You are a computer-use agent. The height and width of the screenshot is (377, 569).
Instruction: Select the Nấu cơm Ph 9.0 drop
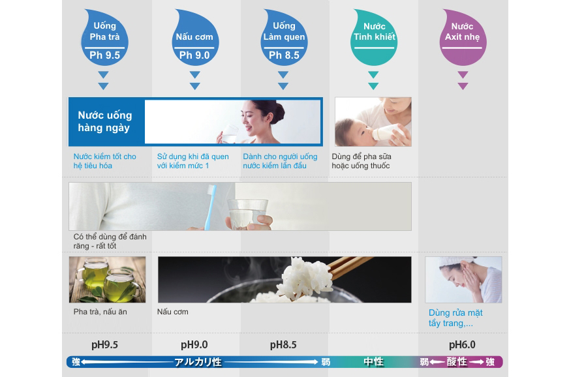tap(194, 40)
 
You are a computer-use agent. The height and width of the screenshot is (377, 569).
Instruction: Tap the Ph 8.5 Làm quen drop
tap(284, 40)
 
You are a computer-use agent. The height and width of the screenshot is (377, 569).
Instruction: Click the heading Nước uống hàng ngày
tap(105, 121)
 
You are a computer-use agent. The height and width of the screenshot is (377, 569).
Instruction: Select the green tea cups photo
tap(108, 279)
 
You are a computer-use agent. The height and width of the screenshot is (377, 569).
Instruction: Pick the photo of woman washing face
tap(463, 279)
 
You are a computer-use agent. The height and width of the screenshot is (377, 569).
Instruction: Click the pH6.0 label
tap(462, 344)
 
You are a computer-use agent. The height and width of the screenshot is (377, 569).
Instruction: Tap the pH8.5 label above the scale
tap(283, 344)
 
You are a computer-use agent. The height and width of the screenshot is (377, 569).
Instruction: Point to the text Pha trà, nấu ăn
tap(100, 312)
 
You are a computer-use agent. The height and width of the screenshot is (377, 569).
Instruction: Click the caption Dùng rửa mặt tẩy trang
tap(455, 318)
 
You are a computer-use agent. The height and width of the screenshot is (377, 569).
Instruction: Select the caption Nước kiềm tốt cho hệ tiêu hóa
tap(104, 161)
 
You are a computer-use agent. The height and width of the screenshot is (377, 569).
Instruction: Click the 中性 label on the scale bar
tap(373, 362)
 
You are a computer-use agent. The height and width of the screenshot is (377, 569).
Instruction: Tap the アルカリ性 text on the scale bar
tap(198, 362)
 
